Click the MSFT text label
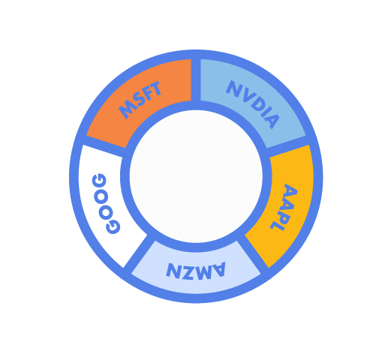[140, 100]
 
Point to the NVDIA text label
[253, 104]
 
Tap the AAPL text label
[284, 207]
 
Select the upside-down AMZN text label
[196, 270]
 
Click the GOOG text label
[106, 204]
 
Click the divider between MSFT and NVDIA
[196, 80]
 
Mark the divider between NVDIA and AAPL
[287, 146]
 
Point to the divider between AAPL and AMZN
[253, 253]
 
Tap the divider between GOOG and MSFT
[104, 146]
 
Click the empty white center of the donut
[196, 176]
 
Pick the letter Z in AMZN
[188, 271]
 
